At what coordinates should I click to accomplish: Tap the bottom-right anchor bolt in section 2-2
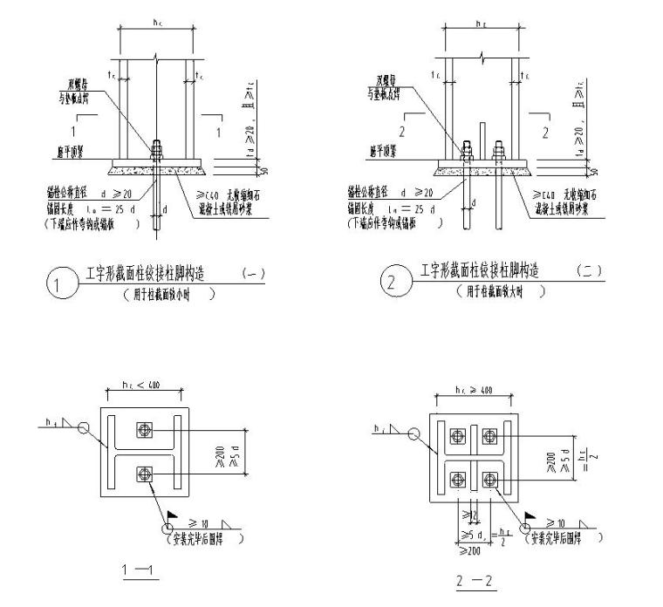(x=489, y=479)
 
